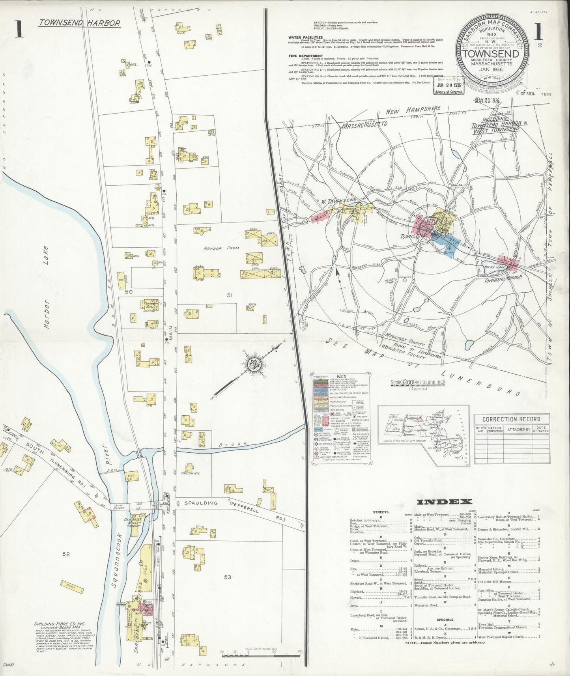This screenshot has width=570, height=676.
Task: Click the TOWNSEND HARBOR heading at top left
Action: click(79, 23)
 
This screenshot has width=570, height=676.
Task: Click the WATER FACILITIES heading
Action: click(305, 38)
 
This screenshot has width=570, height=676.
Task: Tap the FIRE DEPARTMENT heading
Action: click(306, 56)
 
